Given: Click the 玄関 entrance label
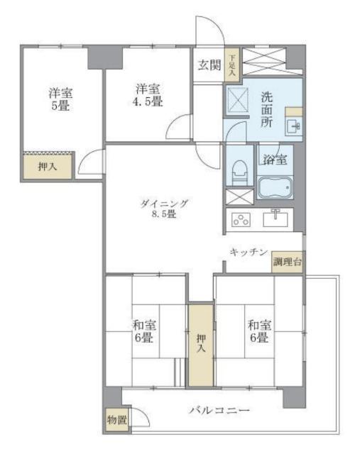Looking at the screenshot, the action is tap(209, 65).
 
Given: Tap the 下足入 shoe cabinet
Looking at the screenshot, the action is tap(231, 65).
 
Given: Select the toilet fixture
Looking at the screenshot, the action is tap(240, 172).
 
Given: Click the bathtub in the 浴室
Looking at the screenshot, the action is tap(275, 187).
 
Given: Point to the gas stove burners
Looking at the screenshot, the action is tap(241, 220).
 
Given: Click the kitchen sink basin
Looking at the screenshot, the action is tap(276, 219).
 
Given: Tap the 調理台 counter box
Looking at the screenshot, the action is tap(288, 262).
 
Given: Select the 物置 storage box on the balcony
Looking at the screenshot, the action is tap(116, 419).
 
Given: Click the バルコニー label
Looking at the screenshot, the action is tap(219, 410).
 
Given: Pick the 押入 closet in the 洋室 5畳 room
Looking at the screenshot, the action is tap(48, 167).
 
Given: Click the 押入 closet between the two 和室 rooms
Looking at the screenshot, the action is tap(201, 344).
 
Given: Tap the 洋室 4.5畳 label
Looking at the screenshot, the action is tap(148, 95).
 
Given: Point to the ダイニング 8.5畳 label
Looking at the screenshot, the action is tap(164, 209).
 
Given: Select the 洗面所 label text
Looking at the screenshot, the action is tap(267, 110).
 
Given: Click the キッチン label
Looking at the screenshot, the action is tap(248, 253).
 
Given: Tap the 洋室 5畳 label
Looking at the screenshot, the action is tap(60, 99).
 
